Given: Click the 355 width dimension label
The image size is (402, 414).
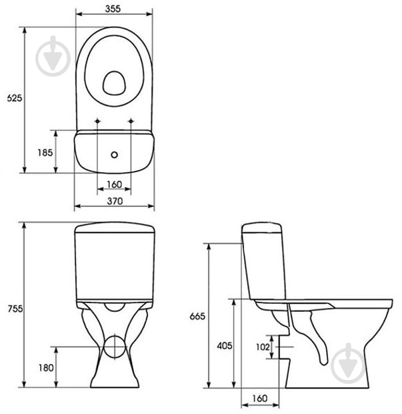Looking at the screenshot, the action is click(113, 9).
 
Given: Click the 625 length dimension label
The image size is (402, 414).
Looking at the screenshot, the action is click(15, 98).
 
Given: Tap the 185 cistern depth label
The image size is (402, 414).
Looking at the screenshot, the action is click(45, 152).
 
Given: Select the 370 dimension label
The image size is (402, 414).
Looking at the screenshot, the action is click(115, 201).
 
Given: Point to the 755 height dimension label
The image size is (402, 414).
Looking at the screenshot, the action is click(15, 308).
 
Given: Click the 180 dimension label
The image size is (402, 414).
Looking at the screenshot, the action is click(46, 368).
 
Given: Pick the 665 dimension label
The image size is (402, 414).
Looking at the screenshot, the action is click(197, 316).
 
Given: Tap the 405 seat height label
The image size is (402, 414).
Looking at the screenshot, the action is click(225, 346).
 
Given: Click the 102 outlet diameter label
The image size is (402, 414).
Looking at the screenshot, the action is click(263, 347).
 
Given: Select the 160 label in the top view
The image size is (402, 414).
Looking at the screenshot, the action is click(115, 184).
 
